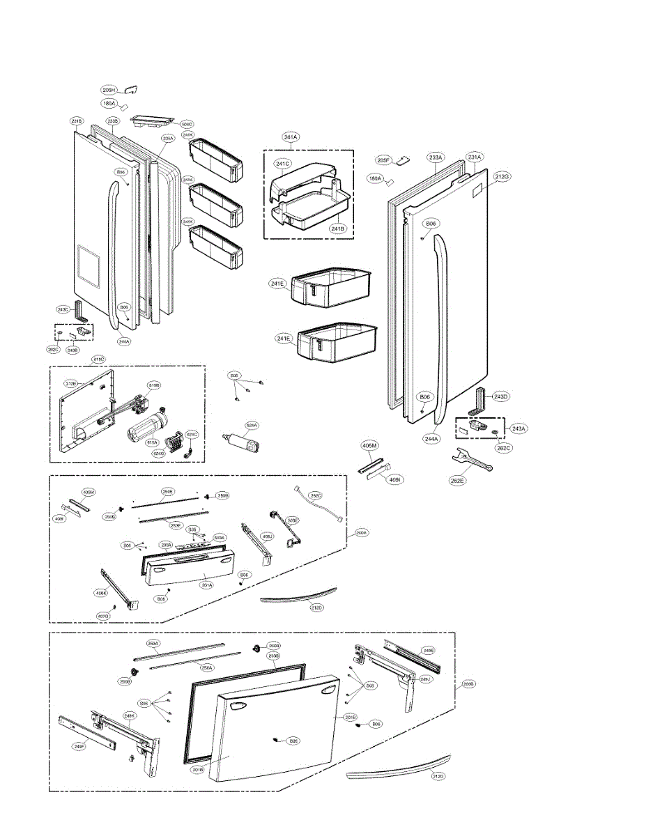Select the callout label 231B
77,121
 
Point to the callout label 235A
167,139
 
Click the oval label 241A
291,137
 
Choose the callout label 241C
282,164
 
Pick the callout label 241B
337,229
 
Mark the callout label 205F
383,160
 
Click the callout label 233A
436,158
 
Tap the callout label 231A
475,157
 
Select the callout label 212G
502,177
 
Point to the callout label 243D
500,396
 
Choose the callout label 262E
456,481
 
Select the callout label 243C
63,309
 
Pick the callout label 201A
207,585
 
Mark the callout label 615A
152,442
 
